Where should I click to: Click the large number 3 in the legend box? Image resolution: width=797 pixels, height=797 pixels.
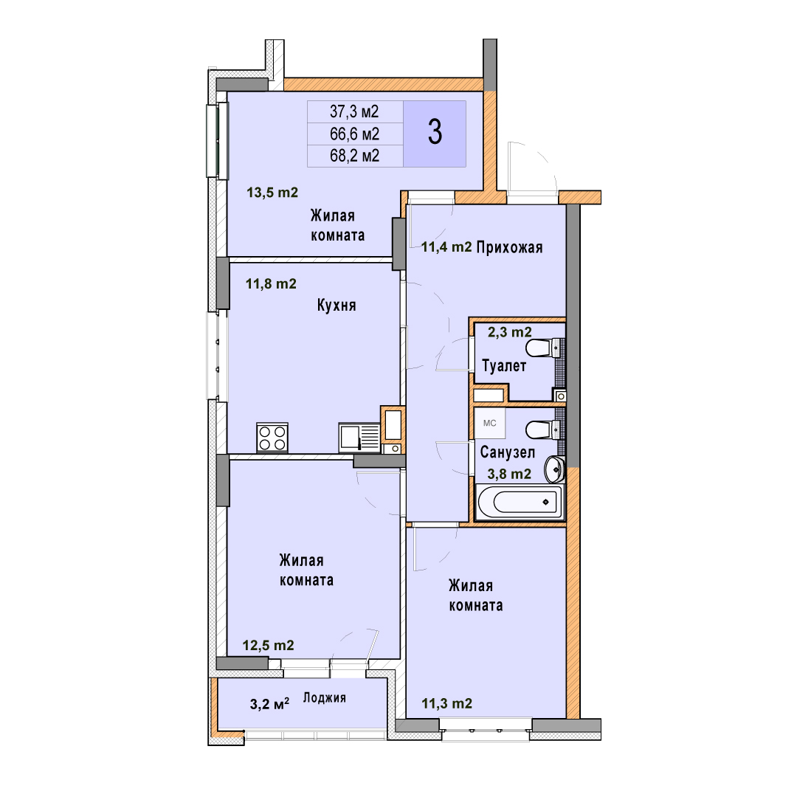(435, 132)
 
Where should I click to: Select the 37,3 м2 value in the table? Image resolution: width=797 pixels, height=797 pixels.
(354, 111)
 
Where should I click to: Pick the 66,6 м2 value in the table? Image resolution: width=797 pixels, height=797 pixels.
(354, 134)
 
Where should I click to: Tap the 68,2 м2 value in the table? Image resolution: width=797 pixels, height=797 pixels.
(354, 156)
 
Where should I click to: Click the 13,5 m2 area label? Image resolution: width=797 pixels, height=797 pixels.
(272, 193)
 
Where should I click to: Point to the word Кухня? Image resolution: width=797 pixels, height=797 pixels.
(337, 305)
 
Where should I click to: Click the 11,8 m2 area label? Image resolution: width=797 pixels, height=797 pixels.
(271, 283)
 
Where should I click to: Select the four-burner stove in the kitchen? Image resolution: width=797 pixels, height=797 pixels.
(272, 438)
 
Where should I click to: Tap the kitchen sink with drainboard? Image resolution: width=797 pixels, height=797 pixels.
(359, 438)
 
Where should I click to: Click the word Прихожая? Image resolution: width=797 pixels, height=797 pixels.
(510, 247)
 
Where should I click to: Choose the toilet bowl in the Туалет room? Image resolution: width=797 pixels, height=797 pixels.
(545, 348)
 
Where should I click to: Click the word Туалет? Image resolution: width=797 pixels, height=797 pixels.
(504, 365)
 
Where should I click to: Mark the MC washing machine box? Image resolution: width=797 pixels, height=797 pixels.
(490, 423)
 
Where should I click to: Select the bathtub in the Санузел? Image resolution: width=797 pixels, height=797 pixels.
(520, 503)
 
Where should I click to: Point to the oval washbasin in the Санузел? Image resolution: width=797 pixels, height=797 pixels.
(554, 469)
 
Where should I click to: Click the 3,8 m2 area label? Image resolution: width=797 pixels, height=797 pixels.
(509, 475)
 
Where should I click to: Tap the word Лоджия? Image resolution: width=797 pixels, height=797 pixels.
(324, 698)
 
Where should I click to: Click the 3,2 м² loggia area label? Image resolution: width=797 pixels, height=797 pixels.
(269, 704)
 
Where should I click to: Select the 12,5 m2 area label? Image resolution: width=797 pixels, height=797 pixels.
(269, 646)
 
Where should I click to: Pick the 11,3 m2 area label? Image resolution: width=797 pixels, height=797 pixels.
(446, 703)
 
